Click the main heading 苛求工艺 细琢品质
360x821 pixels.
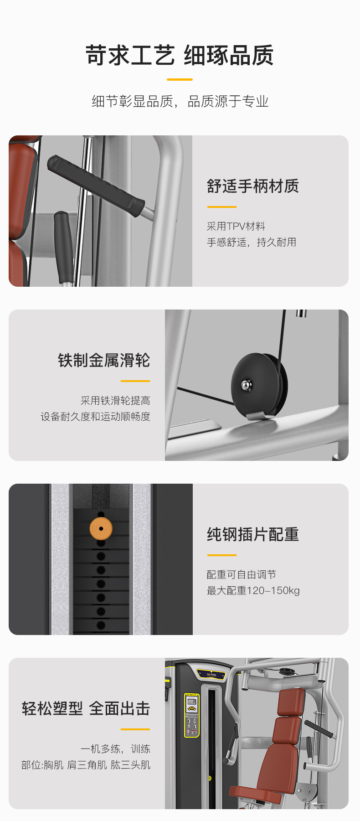pos(180,56)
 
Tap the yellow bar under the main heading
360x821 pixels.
pos(180,79)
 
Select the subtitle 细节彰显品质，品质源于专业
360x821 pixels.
pos(180,101)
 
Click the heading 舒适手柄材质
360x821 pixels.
pos(253,186)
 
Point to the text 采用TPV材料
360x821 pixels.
pos(236,226)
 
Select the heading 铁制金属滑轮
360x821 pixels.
pos(104,360)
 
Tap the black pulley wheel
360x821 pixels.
pos(259,385)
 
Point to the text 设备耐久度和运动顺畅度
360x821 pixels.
pos(95,416)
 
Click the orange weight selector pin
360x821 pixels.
pos(101,529)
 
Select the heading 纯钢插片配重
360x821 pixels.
pos(253,534)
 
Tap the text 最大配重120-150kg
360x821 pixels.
pos(253,590)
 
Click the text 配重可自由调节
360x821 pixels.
pos(242,574)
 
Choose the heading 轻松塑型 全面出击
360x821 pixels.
pos(86,708)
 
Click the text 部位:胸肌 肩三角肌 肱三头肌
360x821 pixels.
pos(86,764)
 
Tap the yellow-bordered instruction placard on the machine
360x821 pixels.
pos(192,715)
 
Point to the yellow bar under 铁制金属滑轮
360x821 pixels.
pos(135,381)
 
